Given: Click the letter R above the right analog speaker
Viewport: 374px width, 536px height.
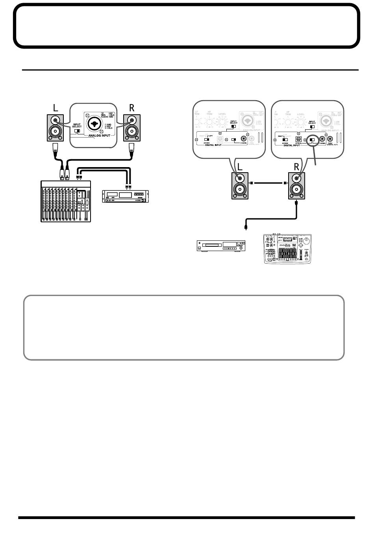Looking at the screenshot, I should pos(131,108).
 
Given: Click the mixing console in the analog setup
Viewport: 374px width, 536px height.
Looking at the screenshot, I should pos(66,201).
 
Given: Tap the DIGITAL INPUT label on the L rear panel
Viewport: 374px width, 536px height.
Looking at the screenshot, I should pos(215,145).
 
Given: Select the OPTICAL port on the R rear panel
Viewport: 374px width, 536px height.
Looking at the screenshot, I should pos(299,139).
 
